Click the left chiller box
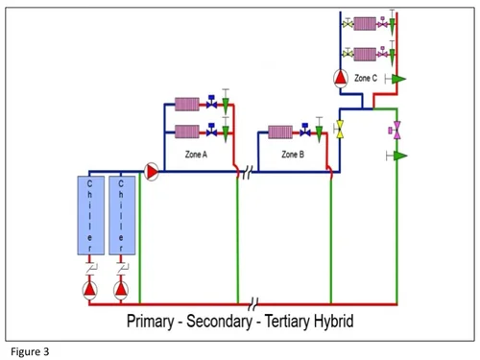[90, 214]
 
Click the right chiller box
[121, 214]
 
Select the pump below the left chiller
[90, 288]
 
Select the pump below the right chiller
[121, 288]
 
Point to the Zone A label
[196, 154]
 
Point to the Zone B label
[293, 154]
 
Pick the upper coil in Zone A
[186, 103]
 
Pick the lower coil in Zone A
[186, 130]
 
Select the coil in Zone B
[280, 130]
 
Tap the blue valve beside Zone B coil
[306, 129]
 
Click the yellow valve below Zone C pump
[340, 127]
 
